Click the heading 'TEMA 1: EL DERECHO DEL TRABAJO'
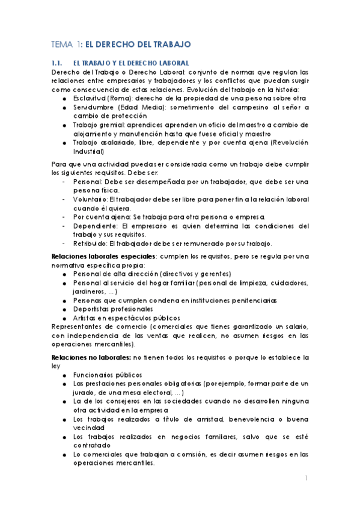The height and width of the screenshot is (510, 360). (120, 44)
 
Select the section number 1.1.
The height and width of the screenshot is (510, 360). (57, 63)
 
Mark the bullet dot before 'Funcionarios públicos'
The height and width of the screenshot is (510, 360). (64, 375)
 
